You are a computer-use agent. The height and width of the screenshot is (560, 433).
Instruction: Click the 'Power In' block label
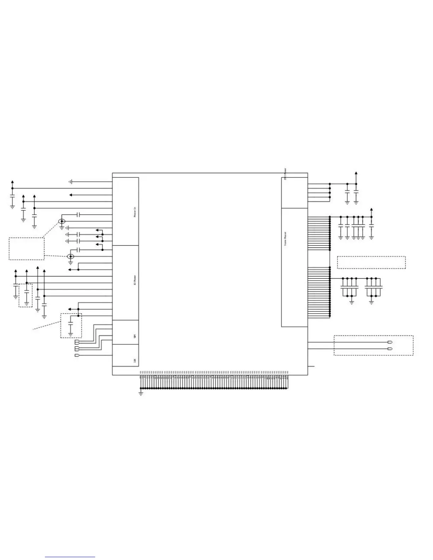pos(135,212)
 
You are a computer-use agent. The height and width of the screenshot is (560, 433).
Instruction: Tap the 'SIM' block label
pos(135,336)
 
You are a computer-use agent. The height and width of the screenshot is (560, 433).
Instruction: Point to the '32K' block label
pos(135,361)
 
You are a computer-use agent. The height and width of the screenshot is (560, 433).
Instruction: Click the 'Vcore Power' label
pos(285,239)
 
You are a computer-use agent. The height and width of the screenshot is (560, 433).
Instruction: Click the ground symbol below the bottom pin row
pos(141,393)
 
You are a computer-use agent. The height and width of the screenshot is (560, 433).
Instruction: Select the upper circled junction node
pos(62,222)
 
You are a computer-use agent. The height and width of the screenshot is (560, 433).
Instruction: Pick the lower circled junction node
pos(70,257)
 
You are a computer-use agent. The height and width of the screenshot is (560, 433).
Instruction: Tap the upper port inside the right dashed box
pos(390,342)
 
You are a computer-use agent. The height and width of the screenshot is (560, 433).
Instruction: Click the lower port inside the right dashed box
pos(390,349)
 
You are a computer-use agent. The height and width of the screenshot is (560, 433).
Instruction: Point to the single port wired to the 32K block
pos(77,355)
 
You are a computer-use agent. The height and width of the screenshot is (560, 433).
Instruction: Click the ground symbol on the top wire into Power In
pos(71,182)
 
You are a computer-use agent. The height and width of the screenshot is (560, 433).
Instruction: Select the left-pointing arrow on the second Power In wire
pos(71,195)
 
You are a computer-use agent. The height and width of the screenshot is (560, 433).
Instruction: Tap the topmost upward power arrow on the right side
pos(356,174)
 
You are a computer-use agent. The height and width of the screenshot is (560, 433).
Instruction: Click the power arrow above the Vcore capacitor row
pos(371,210)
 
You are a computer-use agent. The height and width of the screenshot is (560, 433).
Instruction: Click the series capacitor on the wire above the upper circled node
pos(79,215)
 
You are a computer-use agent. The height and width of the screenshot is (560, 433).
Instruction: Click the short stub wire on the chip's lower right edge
pos(311,366)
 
